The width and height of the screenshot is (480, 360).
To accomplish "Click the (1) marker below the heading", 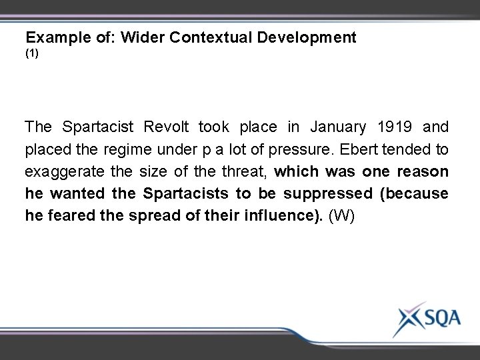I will (x=32, y=52).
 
